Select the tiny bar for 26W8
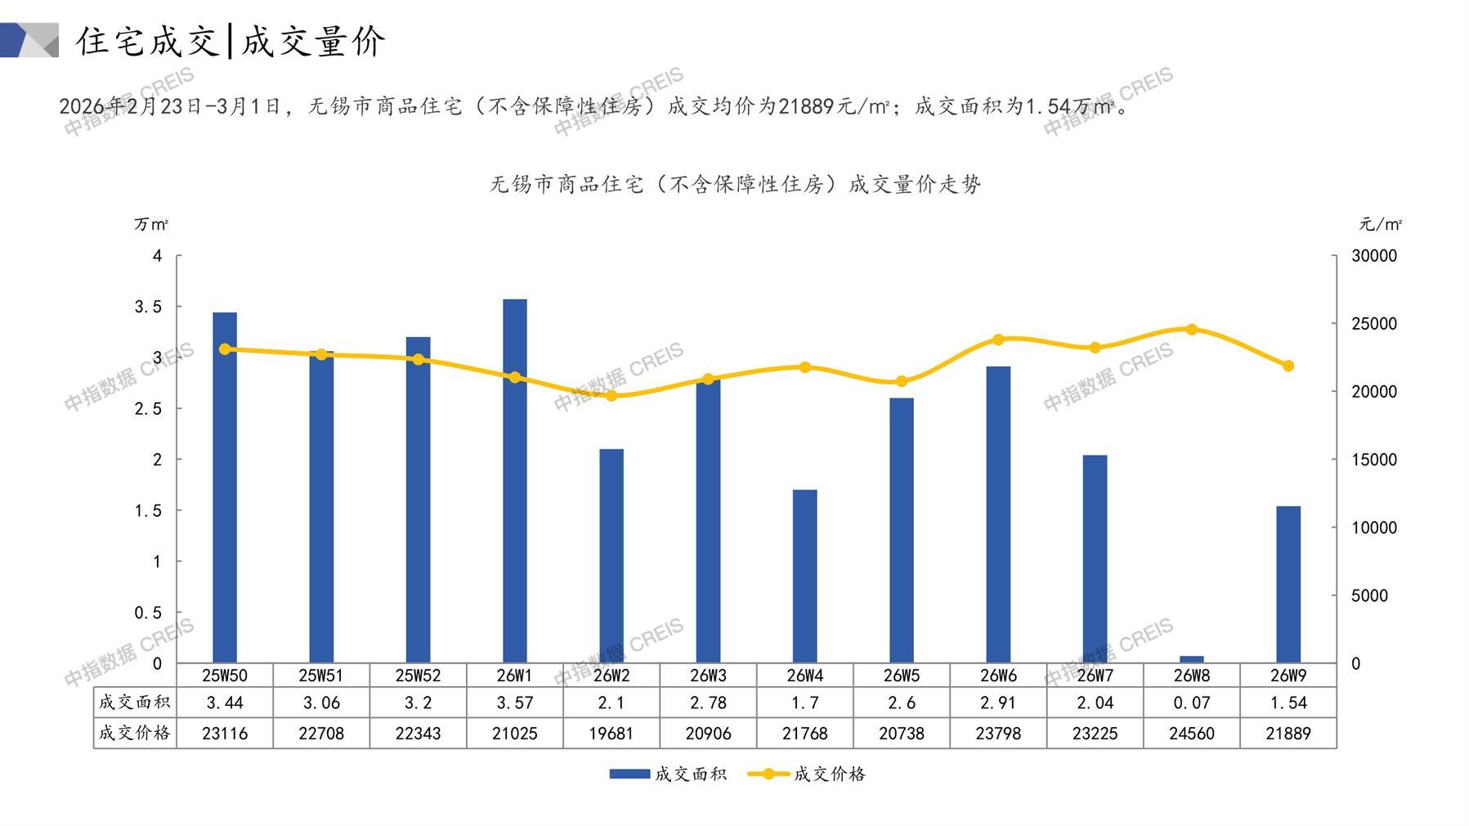click(1191, 659)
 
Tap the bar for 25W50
click(225, 487)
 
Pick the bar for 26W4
click(804, 577)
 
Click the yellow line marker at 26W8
click(1191, 330)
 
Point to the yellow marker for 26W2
click(611, 396)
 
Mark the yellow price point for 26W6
click(998, 339)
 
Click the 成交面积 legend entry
click(668, 774)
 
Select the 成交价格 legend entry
click(807, 774)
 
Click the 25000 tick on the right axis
click(1374, 324)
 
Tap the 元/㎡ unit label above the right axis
click(1380, 224)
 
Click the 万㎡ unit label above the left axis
click(151, 224)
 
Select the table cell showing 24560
click(1191, 734)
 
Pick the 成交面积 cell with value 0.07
click(1191, 703)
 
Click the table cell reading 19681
click(611, 734)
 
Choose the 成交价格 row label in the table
click(135, 734)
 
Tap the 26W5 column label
click(901, 676)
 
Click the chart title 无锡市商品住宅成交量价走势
click(735, 185)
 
